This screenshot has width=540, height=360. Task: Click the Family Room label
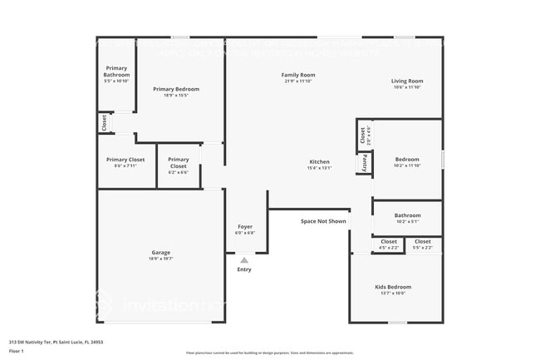click(299, 75)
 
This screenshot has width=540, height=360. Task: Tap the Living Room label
click(407, 81)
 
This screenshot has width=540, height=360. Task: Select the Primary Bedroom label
click(176, 89)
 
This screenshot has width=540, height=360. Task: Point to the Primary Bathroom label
click(116, 72)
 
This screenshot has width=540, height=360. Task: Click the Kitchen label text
click(320, 161)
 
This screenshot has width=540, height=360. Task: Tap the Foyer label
click(245, 226)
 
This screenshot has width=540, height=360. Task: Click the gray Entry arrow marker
click(244, 260)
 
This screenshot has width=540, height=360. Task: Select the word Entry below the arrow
click(244, 269)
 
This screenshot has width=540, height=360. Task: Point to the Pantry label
click(363, 164)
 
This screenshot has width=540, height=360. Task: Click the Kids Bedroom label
click(393, 287)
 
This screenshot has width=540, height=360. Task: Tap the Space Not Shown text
click(323, 221)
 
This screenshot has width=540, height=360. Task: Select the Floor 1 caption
click(17, 351)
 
